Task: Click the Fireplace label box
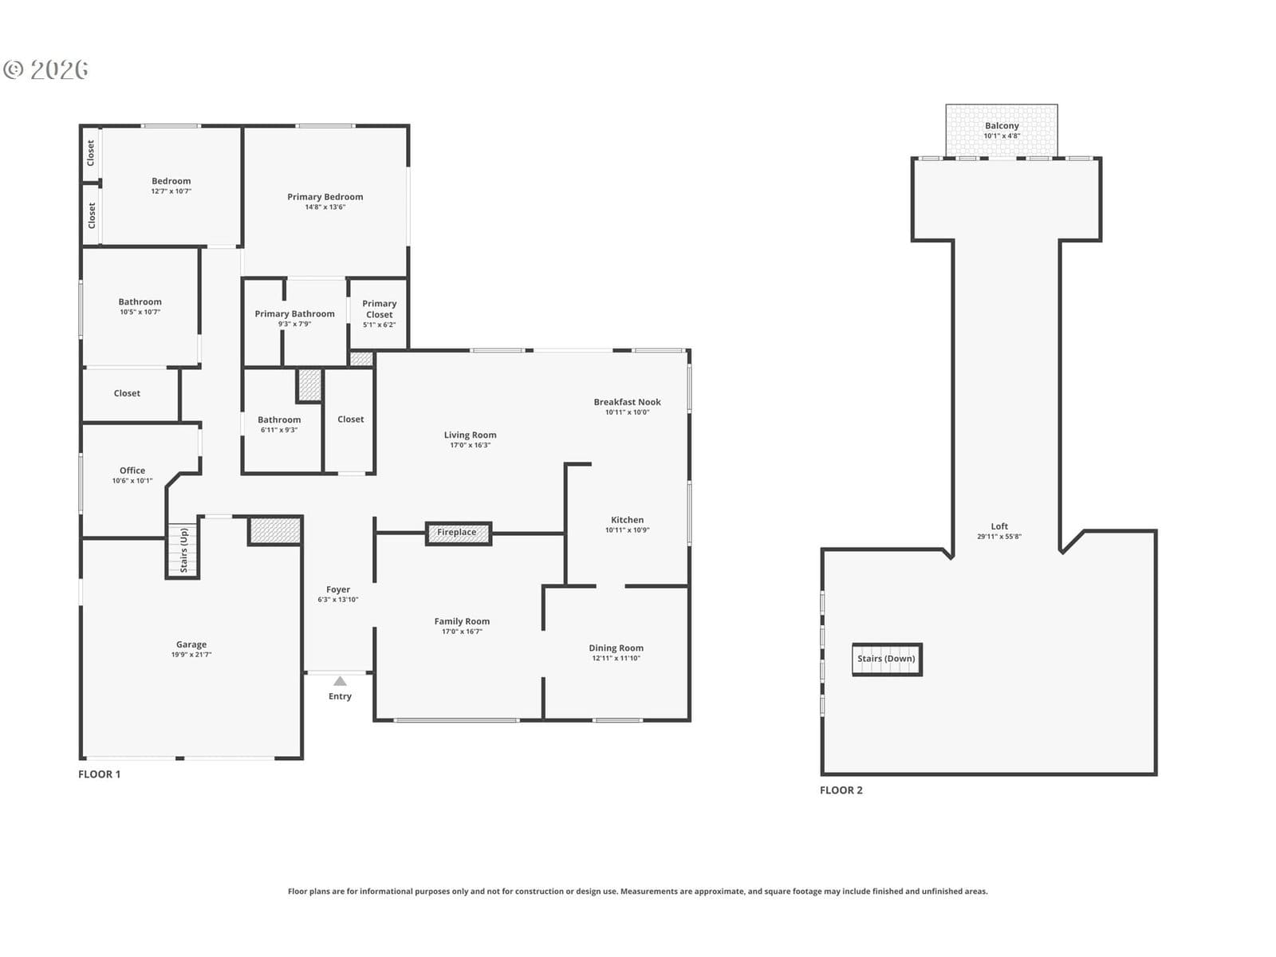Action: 458,533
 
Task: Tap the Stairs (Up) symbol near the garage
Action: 183,550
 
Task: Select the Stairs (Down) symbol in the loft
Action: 887,659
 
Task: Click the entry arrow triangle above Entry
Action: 340,681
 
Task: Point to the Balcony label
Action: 1002,125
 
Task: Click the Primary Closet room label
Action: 380,309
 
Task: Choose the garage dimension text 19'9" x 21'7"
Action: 191,655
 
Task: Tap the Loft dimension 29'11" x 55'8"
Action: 999,536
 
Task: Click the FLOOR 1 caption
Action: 100,774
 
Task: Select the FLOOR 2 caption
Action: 841,790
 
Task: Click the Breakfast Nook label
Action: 628,402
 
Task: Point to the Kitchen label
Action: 628,520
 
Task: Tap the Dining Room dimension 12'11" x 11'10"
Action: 616,659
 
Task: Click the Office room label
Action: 132,471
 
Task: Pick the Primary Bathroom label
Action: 295,313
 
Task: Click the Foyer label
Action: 338,589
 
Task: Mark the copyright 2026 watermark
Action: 45,69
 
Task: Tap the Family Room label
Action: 462,621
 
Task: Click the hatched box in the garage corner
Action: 275,530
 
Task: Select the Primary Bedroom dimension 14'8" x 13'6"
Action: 325,207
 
